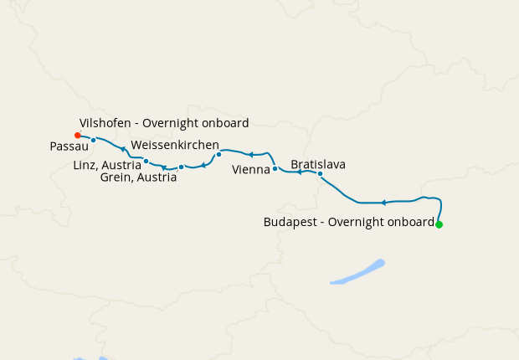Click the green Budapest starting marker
coord(439,224)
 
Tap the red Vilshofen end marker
coord(77,135)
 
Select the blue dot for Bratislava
coord(321,174)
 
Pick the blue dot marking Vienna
coord(275,169)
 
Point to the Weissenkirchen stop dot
coord(218,154)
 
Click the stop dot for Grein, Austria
coord(181,167)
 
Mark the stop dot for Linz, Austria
coord(146,161)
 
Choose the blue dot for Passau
coord(94,140)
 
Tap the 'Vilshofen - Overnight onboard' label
coord(164,123)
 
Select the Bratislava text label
coord(318,164)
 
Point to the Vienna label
coord(251,170)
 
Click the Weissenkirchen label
coord(175,145)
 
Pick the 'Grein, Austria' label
coord(138,177)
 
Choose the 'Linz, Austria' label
coord(107,165)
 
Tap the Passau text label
coord(64,147)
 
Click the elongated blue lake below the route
coord(357,273)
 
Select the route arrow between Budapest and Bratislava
coord(383,203)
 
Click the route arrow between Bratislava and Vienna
coord(299,172)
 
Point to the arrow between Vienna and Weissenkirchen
coord(249,154)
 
